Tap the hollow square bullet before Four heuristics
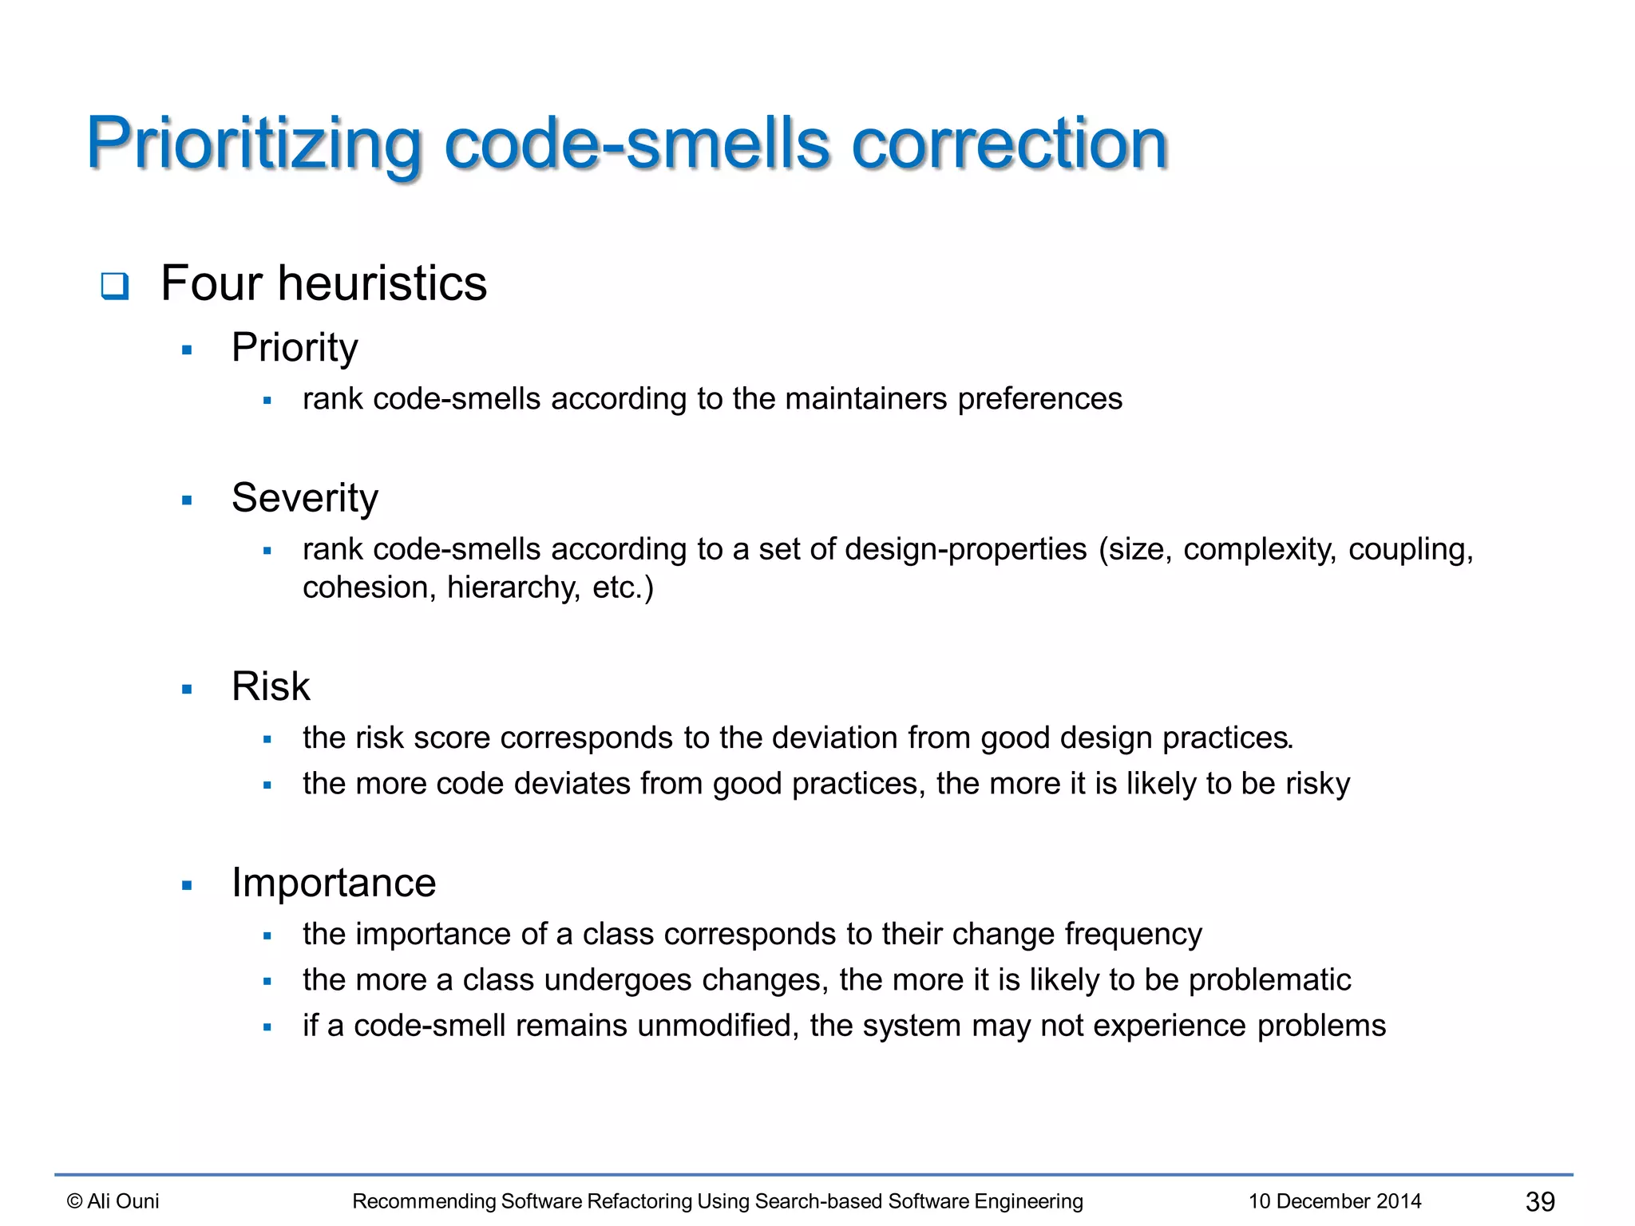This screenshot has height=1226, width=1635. (x=115, y=286)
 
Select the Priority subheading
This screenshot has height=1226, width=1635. (x=295, y=347)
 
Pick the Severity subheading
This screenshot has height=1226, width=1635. (x=304, y=498)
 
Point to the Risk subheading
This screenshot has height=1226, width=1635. (x=271, y=686)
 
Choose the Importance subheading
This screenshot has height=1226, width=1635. (x=334, y=883)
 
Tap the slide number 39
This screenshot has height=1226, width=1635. (x=1540, y=1201)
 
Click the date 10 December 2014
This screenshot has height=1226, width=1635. (x=1335, y=1201)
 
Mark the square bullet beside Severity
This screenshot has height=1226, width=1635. (x=188, y=501)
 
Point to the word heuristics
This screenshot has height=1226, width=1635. (x=382, y=283)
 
